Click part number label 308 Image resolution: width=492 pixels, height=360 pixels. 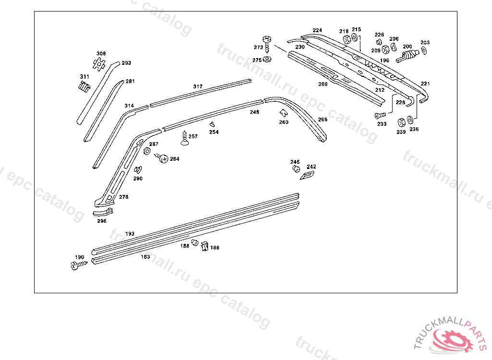[x=101, y=54]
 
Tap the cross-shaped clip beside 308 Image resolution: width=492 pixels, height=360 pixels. [x=99, y=64]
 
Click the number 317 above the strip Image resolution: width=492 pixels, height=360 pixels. [x=197, y=86]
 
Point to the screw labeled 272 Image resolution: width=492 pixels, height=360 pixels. [x=267, y=44]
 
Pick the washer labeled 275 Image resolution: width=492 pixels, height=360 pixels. [x=267, y=59]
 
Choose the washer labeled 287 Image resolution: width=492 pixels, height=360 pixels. [x=147, y=151]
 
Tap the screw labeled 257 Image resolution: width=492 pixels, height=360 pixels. [x=184, y=138]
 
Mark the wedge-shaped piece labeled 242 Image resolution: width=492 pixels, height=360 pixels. [x=307, y=175]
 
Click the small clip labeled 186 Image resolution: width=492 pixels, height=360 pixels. [x=205, y=247]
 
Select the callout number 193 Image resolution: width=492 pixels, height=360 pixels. [x=130, y=234]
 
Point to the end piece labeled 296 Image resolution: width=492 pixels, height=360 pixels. [x=103, y=212]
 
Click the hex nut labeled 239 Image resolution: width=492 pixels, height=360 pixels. [x=401, y=122]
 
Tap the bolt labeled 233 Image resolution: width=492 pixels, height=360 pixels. [x=381, y=116]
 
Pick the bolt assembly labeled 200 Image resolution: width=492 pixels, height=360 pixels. [x=407, y=56]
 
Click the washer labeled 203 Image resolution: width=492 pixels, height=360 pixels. [x=424, y=50]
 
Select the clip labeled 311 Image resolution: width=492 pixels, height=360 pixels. [x=84, y=87]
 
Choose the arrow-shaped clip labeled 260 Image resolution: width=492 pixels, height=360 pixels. [x=283, y=113]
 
